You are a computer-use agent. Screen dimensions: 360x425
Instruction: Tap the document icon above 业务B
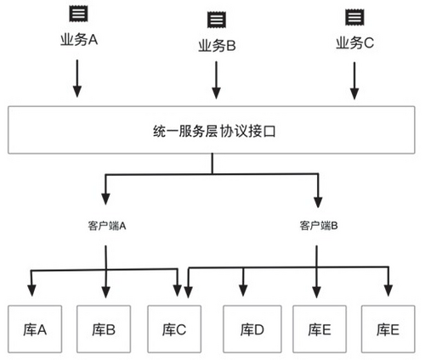pos(216,19)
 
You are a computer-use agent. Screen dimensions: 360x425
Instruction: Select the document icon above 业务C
pos(352,16)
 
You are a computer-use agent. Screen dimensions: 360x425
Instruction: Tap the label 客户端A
pos(106,226)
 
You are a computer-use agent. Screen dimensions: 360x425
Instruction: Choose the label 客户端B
pos(319,226)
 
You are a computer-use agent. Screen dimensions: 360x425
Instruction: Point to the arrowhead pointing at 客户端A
pos(106,202)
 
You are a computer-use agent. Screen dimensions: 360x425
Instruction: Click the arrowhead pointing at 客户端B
pos(319,202)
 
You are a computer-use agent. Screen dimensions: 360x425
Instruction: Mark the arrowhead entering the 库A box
pos(32,290)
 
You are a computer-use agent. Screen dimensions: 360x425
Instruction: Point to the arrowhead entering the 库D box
pos(245,290)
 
